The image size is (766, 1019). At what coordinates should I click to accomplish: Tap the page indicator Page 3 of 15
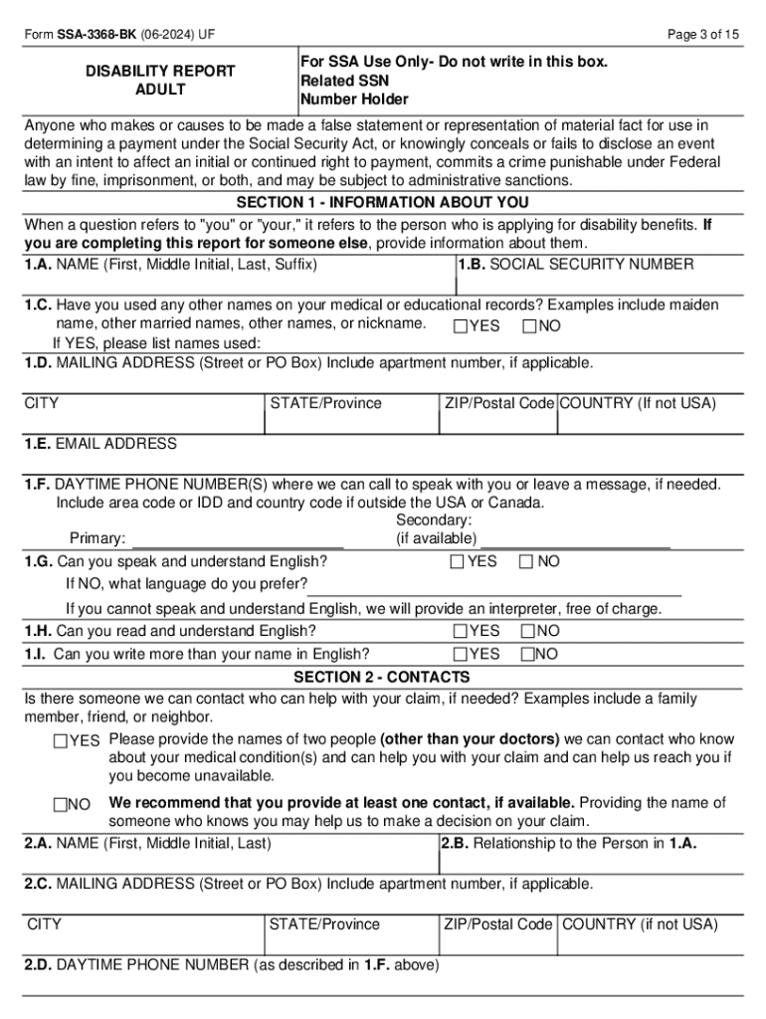pyautogui.click(x=703, y=35)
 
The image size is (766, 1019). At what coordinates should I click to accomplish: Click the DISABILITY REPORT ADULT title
pyautogui.click(x=160, y=81)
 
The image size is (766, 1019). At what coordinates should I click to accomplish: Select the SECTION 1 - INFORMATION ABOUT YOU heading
pyautogui.click(x=382, y=203)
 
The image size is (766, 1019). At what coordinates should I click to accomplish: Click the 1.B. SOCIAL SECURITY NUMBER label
pyautogui.click(x=576, y=265)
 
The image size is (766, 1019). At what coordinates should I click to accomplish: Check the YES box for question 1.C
pyautogui.click(x=461, y=326)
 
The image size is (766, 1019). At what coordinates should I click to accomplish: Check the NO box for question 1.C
pyautogui.click(x=528, y=326)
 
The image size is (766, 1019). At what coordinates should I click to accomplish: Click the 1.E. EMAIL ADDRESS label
pyautogui.click(x=100, y=444)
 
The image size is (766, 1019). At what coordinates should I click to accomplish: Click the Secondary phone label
pyautogui.click(x=434, y=520)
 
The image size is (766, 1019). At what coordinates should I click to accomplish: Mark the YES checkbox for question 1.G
pyautogui.click(x=457, y=562)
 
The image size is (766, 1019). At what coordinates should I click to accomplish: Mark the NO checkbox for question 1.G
pyautogui.click(x=525, y=562)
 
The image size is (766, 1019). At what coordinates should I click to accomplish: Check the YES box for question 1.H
pyautogui.click(x=460, y=631)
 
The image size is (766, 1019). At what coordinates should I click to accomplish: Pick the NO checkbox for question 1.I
pyautogui.click(x=527, y=655)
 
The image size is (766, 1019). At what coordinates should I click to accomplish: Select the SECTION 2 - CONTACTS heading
pyautogui.click(x=382, y=678)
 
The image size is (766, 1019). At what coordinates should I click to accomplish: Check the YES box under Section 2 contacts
pyautogui.click(x=61, y=741)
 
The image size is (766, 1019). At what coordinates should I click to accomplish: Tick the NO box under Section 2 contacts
pyautogui.click(x=61, y=804)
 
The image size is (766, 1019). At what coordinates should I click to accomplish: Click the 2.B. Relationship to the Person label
pyautogui.click(x=569, y=844)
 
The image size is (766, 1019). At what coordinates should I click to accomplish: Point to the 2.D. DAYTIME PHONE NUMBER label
pyautogui.click(x=232, y=965)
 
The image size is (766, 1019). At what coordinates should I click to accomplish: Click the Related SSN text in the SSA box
pyautogui.click(x=345, y=81)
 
